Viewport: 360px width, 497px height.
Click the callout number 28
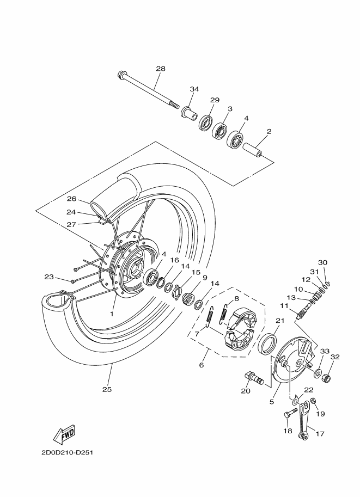(160, 69)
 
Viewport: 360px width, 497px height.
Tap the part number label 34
(194, 89)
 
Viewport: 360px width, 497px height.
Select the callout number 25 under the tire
(106, 389)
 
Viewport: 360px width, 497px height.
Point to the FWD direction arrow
(64, 434)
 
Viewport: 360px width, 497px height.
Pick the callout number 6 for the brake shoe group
(201, 365)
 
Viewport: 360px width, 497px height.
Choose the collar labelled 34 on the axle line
(189, 115)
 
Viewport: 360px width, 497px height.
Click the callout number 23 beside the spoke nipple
(49, 278)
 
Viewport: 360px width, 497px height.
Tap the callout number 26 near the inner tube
(71, 199)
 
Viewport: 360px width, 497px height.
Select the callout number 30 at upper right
(323, 262)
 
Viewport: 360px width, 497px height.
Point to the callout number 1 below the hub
(112, 314)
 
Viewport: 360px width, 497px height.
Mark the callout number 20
(246, 391)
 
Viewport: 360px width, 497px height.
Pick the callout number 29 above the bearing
(215, 100)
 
